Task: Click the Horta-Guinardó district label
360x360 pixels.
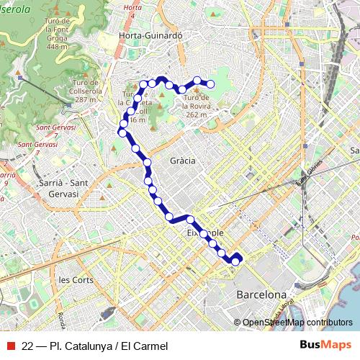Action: pos(151,35)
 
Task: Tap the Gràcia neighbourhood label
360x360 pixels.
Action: pos(183,161)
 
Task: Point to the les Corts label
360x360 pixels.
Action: pos(76,279)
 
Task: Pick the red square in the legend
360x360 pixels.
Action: pos(10,346)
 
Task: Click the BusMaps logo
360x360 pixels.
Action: pos(325,346)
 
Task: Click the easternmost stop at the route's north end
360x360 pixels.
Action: pos(211,84)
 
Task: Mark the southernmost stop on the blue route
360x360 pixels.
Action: pos(235,261)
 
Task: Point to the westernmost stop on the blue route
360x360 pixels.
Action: pos(122,132)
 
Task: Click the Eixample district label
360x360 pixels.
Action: pos(206,234)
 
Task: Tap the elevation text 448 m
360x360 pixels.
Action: pos(58,48)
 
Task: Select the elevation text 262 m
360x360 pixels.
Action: pos(196,114)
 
